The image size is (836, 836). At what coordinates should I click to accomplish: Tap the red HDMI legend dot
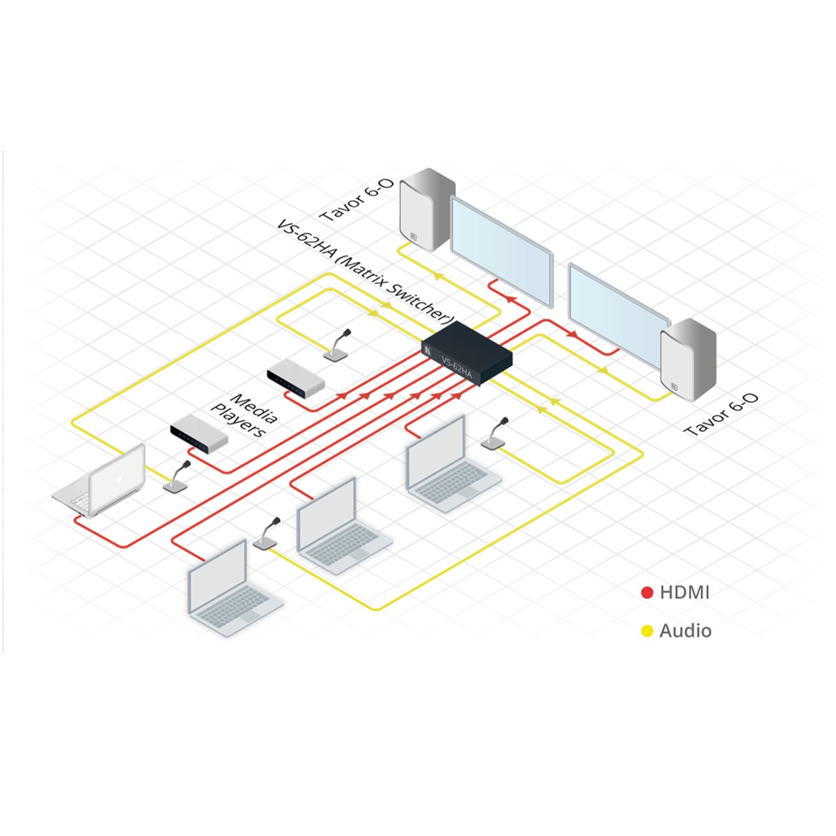point(647,593)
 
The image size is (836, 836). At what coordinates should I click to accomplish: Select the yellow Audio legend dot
point(647,631)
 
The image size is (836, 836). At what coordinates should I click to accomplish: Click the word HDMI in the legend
point(684,593)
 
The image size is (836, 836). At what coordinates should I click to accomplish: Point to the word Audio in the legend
point(686,631)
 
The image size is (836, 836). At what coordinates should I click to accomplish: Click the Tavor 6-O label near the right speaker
point(722,415)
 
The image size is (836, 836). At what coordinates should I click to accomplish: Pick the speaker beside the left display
point(426,209)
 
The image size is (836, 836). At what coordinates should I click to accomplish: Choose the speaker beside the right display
point(688,359)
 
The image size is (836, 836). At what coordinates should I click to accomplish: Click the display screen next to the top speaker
point(501,251)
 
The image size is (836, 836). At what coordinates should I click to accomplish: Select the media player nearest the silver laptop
point(199,433)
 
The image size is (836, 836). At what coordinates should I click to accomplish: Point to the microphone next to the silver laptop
point(177,477)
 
